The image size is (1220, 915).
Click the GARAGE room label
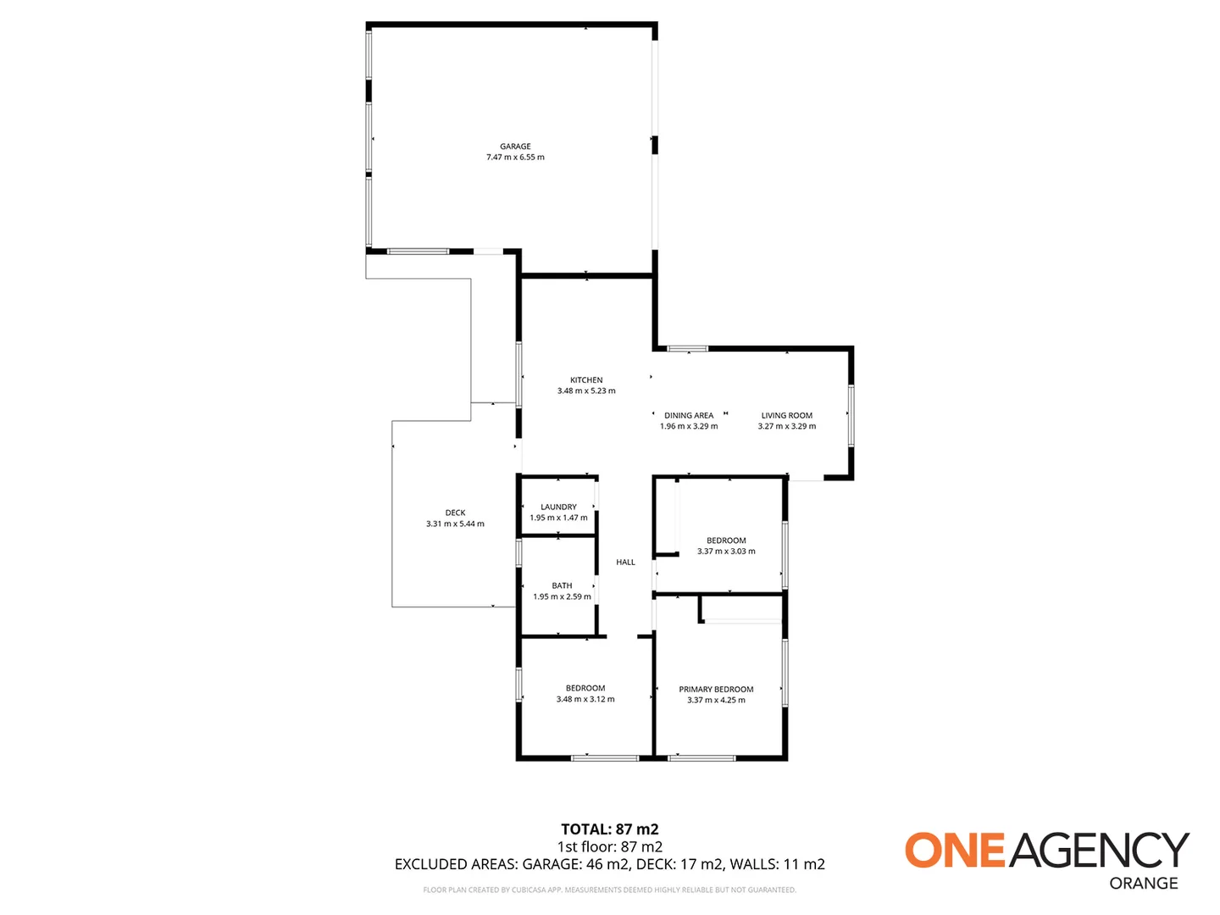tap(515, 147)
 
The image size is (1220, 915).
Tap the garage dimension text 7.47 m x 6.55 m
tap(515, 158)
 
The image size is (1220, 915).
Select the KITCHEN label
tap(586, 380)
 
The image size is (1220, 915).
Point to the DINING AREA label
tap(689, 416)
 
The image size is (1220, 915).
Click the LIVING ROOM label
tap(786, 416)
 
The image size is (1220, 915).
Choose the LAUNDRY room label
tap(558, 507)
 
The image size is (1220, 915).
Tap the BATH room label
tap(562, 585)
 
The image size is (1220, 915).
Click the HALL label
tap(625, 563)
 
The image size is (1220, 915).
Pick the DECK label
tap(455, 513)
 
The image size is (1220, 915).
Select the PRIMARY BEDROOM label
tap(716, 690)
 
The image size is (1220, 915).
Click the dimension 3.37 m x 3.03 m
tap(726, 552)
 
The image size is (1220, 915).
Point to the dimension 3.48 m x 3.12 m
tap(585, 700)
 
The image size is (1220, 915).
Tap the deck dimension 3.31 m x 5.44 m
tap(455, 524)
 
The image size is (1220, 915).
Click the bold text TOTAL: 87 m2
tap(609, 829)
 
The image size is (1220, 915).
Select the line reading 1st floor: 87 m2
tap(609, 846)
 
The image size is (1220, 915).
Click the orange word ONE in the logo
tap(955, 850)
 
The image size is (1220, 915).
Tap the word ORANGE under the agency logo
tap(1144, 883)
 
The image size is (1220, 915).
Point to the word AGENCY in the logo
tap(1099, 850)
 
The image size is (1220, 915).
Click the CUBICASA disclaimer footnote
tap(609, 890)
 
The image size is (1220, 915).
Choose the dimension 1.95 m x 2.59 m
tap(562, 597)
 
